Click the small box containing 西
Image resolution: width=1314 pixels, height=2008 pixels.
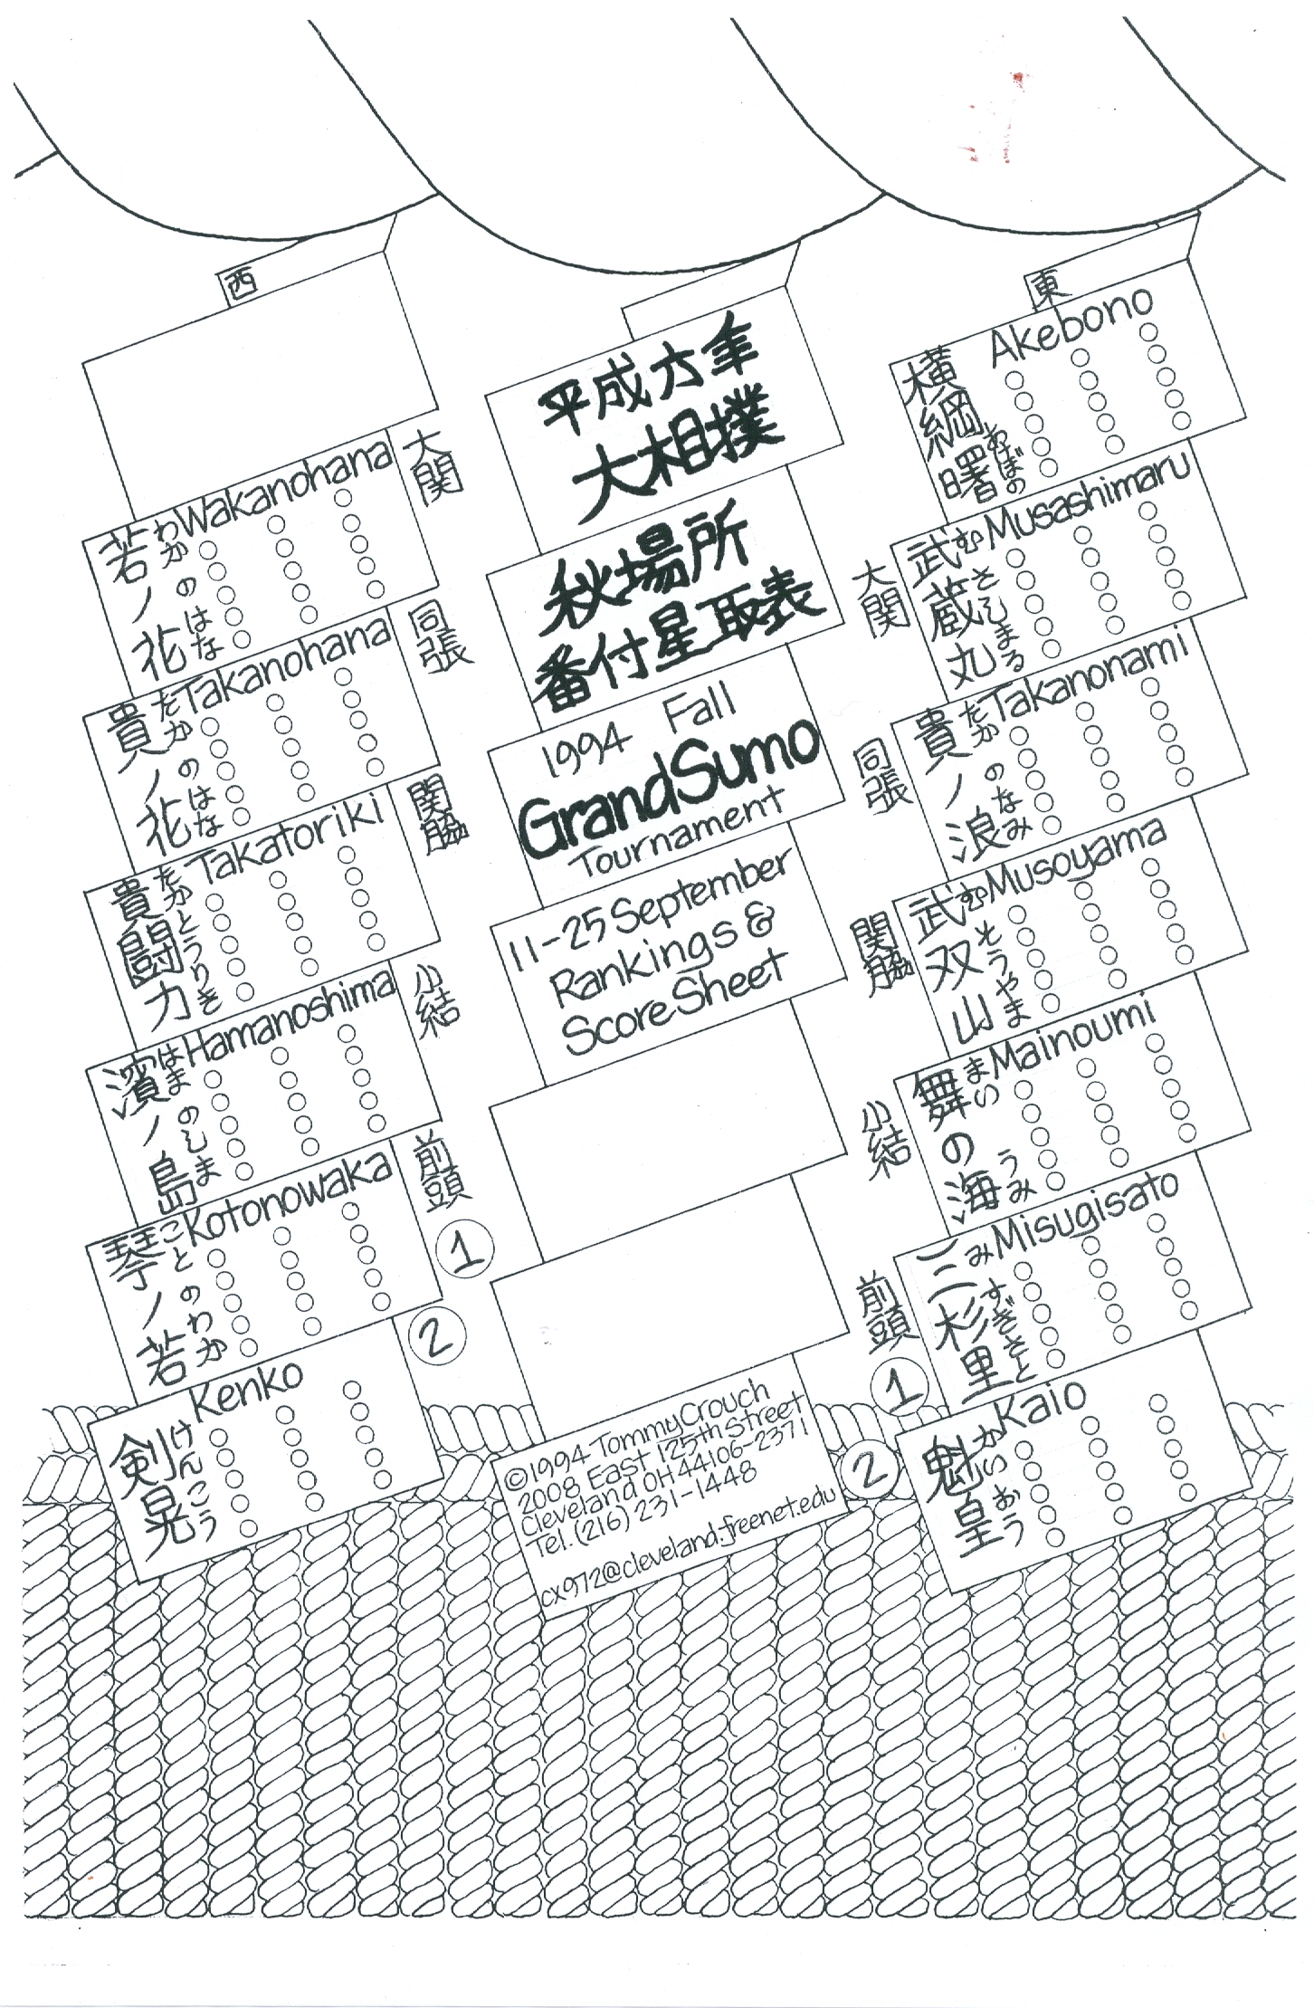pyautogui.click(x=238, y=286)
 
